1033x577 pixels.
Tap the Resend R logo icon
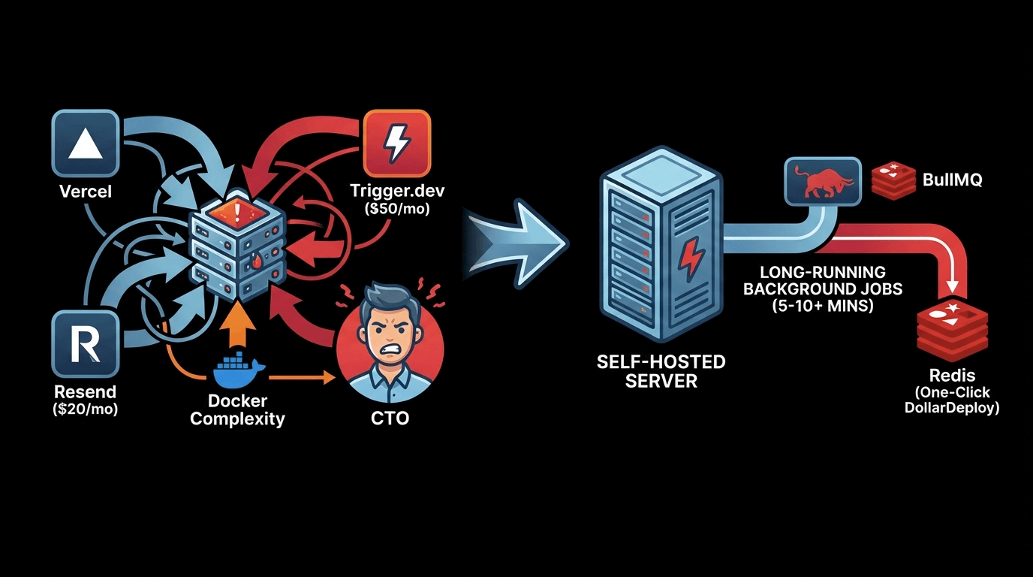(x=85, y=345)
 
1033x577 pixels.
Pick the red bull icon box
(x=822, y=180)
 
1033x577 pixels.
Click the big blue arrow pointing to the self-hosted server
(x=518, y=243)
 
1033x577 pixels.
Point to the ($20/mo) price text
(x=85, y=409)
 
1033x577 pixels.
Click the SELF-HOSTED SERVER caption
(x=661, y=371)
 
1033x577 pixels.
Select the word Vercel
(x=85, y=191)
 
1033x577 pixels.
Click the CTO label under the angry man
(x=390, y=418)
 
